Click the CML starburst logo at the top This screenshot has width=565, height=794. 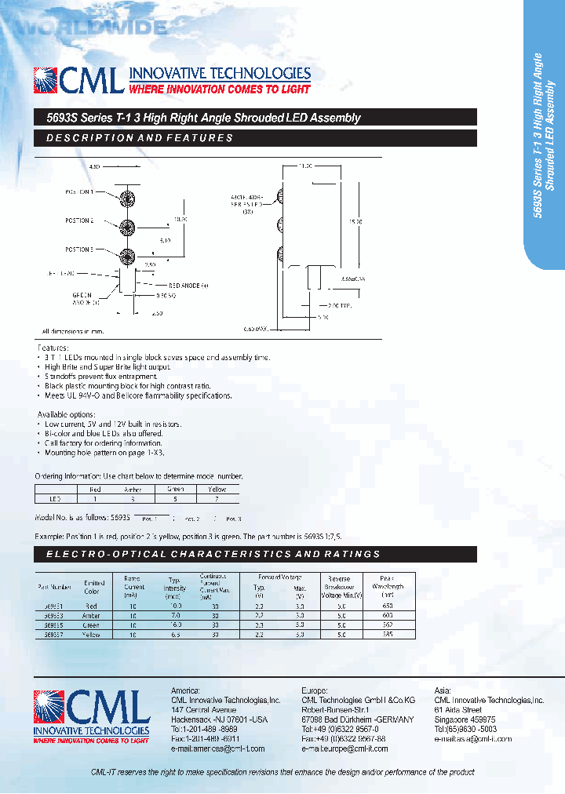(46, 81)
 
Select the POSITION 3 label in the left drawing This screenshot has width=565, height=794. (78, 249)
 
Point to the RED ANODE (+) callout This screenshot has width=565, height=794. (188, 286)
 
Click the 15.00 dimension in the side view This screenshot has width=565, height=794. (355, 222)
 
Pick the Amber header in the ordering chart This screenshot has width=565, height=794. (133, 489)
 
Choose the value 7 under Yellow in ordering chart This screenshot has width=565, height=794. (217, 498)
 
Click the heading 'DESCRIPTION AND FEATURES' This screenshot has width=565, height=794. (140, 138)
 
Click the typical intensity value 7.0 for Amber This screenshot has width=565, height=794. (175, 616)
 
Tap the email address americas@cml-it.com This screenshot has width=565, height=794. (218, 748)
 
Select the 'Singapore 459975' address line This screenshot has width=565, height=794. (465, 719)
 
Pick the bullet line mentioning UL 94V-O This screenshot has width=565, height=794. (137, 396)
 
